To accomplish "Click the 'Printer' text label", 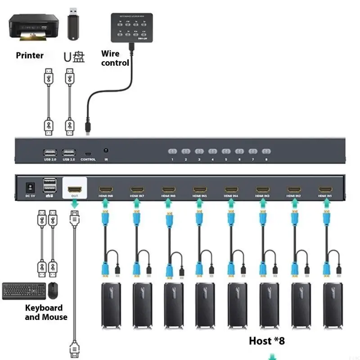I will (30, 56).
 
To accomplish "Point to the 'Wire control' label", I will (114, 58).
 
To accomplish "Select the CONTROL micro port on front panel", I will (88, 153).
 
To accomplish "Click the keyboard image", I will (23, 291).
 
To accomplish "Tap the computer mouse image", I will (54, 291).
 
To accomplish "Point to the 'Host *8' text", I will (267, 341).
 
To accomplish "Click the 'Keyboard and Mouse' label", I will (46, 313).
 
